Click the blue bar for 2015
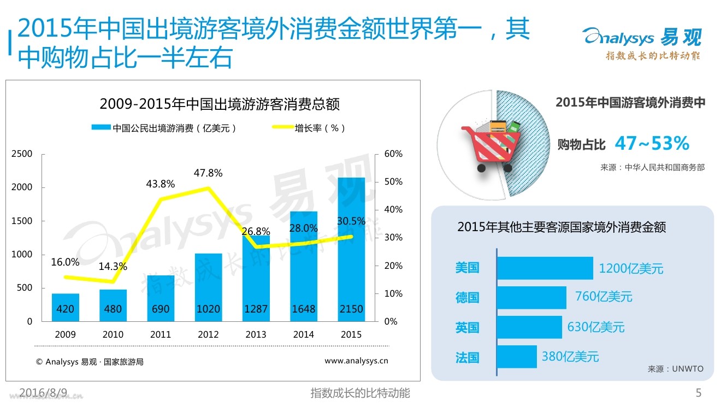coord(351,249)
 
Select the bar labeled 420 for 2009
coord(66,308)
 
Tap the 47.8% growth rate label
coord(208,173)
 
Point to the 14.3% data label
coord(113,267)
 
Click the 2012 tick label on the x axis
coord(208,334)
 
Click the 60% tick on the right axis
coord(393,154)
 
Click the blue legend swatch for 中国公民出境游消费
coord(101,128)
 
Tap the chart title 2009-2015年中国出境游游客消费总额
coord(220,104)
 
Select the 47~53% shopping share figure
coord(652,144)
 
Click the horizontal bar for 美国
coord(545,268)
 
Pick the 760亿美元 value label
coord(604,297)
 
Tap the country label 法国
coord(467,358)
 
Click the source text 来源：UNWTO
coord(676,369)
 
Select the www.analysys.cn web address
coord(356,361)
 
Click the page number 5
coord(698,392)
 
